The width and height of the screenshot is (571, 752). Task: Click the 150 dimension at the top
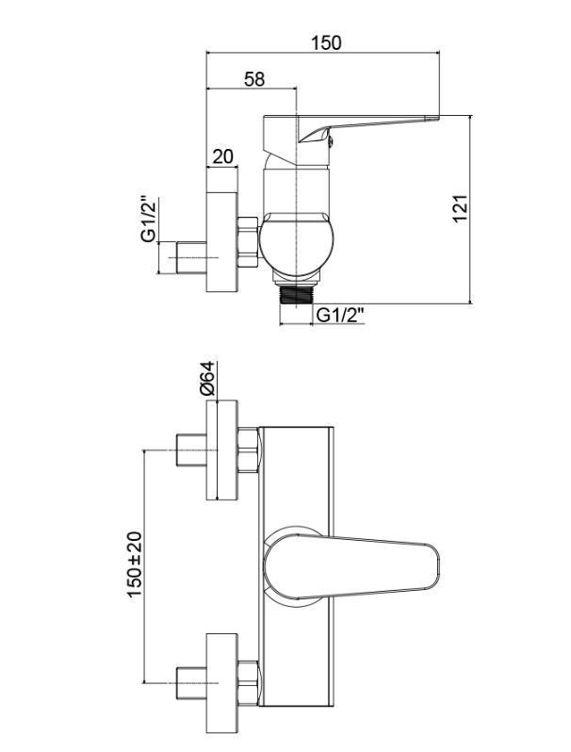pos(326,43)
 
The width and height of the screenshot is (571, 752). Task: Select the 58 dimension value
pos(254,79)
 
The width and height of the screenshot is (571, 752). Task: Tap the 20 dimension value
pos(222,156)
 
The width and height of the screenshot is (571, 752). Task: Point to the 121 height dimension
pos(459,208)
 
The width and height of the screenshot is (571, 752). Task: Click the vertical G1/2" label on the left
pos(149,219)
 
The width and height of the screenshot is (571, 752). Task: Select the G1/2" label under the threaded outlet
pos(340,316)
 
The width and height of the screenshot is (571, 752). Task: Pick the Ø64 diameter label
pos(208,379)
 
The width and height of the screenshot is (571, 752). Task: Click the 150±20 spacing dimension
pos(135,564)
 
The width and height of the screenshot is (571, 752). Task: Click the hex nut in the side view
pos(248,241)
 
